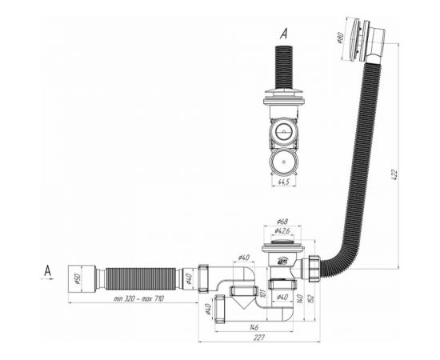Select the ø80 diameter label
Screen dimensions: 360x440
coord(339,37)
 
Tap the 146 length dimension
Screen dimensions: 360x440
coord(253,327)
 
